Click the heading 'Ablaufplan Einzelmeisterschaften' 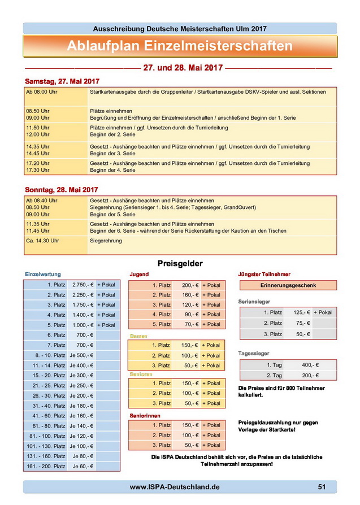tap(180, 46)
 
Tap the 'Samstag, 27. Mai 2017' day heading tap(62, 81)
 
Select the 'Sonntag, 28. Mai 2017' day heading tap(62, 189)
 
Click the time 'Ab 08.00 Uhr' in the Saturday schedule tap(42, 91)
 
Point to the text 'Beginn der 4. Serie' tap(112, 170)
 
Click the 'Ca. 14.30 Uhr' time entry tap(42, 241)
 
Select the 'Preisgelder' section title tap(179, 263)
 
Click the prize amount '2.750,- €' tap(82, 285)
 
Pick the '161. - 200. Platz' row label tap(46, 467)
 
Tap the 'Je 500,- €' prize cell tap(81, 355)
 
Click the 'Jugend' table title tap(139, 275)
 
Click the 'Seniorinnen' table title tap(146, 415)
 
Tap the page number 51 tap(322, 487)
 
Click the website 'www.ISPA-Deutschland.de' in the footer tap(175, 487)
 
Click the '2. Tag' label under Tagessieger tap(274, 376)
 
